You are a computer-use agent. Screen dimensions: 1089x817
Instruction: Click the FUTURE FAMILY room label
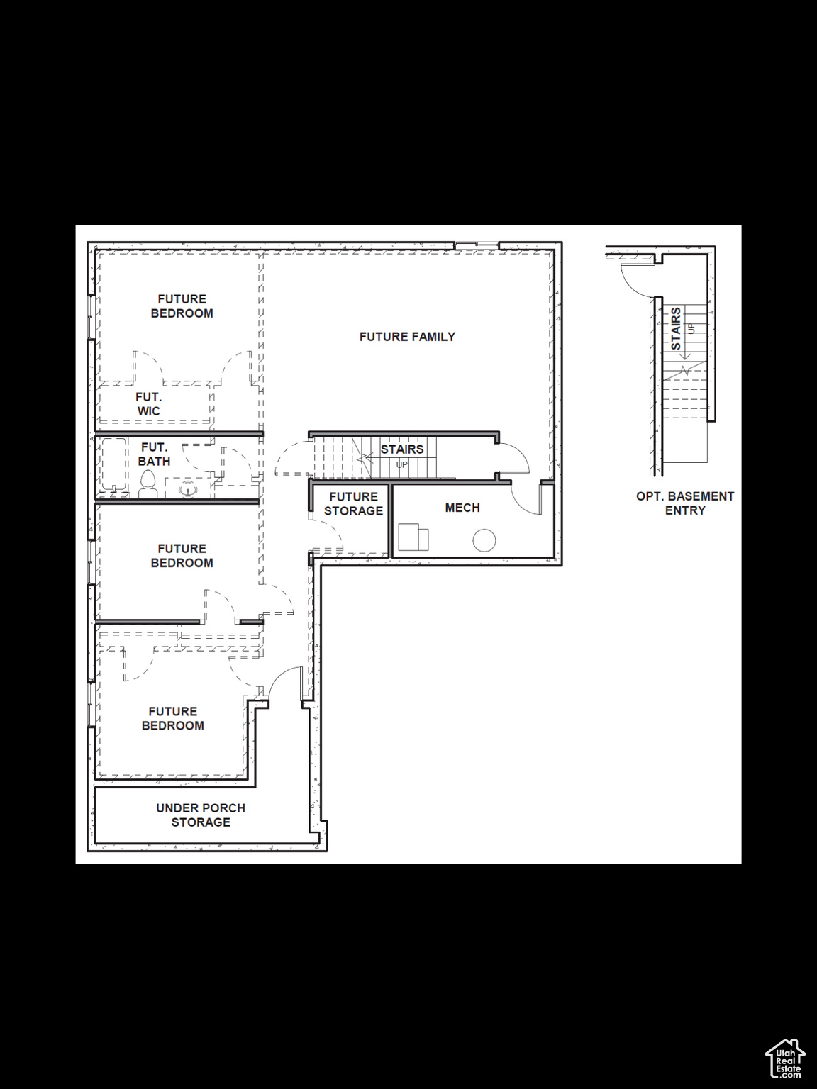[x=407, y=337]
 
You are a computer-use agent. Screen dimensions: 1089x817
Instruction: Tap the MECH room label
[x=462, y=508]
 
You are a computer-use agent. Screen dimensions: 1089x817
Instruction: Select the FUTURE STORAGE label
[x=353, y=504]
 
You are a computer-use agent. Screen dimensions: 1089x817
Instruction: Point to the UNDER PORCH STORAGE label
[x=201, y=815]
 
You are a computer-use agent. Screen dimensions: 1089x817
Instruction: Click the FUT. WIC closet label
[x=148, y=404]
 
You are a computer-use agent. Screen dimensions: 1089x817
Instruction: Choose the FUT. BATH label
[x=154, y=454]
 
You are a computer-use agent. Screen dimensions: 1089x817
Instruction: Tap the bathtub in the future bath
[x=114, y=466]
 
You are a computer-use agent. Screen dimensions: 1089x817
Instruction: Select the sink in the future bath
[x=188, y=488]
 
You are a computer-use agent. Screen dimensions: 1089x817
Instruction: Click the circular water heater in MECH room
[x=484, y=540]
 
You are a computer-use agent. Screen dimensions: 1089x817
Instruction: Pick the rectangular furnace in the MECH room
[x=413, y=537]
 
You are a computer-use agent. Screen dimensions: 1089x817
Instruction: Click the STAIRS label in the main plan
[x=402, y=449]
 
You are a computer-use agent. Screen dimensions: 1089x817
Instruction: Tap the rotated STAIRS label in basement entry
[x=676, y=328]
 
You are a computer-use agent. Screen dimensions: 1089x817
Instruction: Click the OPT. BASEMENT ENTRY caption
[x=685, y=503]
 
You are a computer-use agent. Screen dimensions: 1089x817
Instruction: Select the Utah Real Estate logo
[x=786, y=1059]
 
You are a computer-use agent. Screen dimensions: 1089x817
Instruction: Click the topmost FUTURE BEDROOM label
[x=182, y=306]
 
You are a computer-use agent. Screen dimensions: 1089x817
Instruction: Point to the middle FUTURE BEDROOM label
[x=182, y=556]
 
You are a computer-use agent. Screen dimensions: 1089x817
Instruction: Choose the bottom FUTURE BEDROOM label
[x=172, y=718]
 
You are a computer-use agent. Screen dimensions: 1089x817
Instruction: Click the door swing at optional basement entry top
[x=636, y=280]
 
